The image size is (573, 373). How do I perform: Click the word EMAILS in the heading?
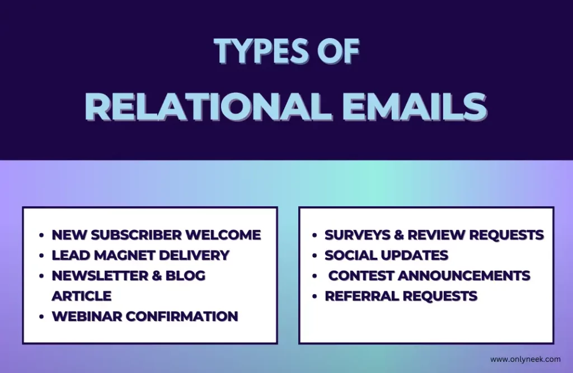415,107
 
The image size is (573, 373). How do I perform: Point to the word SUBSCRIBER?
137,235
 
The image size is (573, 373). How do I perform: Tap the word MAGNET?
125,255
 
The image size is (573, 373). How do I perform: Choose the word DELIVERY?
194,255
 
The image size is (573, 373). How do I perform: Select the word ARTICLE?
82,296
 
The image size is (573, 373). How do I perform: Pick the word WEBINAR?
87,317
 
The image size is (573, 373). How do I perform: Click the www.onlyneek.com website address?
525,360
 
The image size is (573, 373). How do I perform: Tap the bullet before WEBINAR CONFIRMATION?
41,317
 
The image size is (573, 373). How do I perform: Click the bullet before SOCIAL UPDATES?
314,256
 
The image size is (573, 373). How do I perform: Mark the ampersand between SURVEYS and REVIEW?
398,235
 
